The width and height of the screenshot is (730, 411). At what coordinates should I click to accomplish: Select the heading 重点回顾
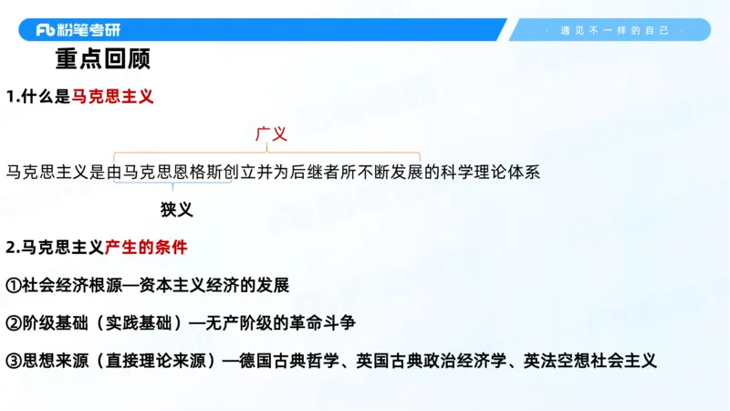pyautogui.click(x=102, y=60)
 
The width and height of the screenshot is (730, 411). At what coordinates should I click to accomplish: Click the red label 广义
pyautogui.click(x=271, y=134)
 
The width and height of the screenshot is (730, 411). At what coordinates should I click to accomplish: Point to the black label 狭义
pyautogui.click(x=177, y=209)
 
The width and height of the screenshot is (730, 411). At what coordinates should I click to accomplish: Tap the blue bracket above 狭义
pyautogui.click(x=172, y=184)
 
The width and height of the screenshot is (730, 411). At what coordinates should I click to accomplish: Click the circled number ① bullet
pyautogui.click(x=14, y=285)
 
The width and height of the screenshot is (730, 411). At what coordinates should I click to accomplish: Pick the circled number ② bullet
pyautogui.click(x=14, y=322)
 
